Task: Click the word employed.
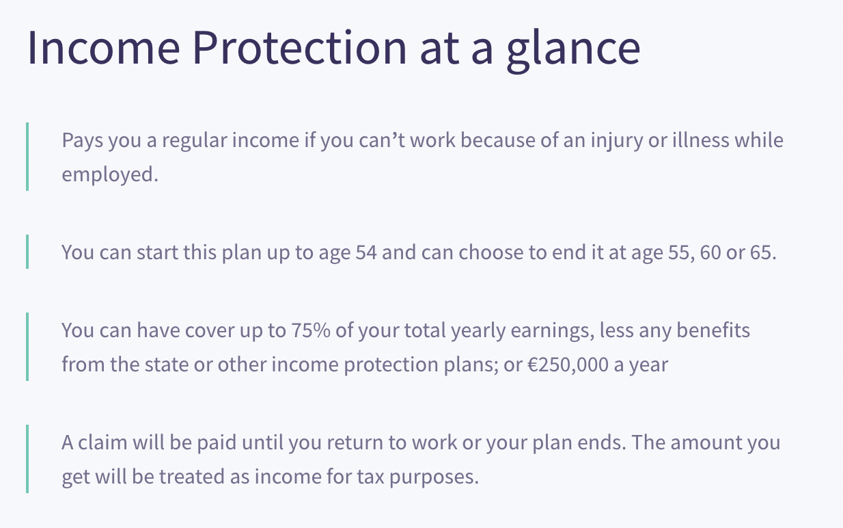pos(109,174)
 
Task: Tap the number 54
pos(366,252)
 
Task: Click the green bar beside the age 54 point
pos(27,252)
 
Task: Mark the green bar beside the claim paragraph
pos(27,459)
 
